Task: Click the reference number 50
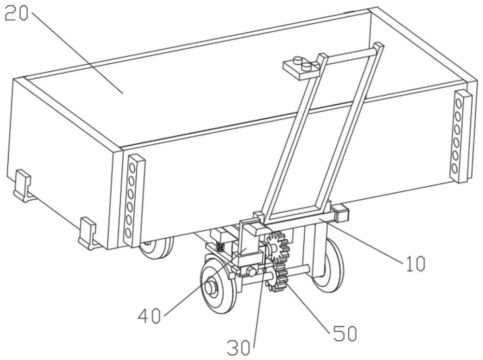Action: tap(344, 333)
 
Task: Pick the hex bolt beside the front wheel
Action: tap(251, 272)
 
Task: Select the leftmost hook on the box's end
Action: tap(21, 186)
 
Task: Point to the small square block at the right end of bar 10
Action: tap(341, 212)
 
